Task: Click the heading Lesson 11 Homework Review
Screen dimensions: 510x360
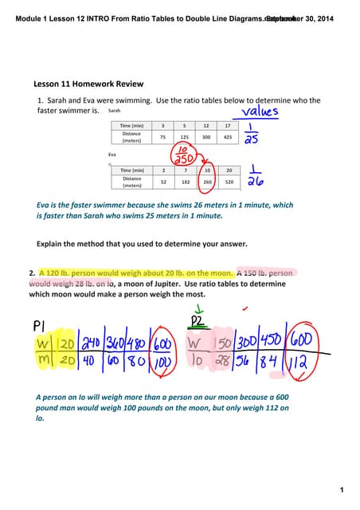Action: click(88, 84)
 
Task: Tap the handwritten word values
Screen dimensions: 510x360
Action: click(255, 112)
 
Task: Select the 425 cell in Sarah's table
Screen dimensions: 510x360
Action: click(228, 137)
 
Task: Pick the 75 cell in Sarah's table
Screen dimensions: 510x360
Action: click(162, 137)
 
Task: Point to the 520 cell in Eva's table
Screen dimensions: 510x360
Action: click(229, 182)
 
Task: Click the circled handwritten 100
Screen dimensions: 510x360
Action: click(162, 363)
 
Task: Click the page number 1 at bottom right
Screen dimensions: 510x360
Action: click(340, 488)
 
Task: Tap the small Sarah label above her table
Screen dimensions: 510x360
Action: click(114, 112)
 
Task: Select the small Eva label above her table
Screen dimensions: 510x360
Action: click(112, 154)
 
